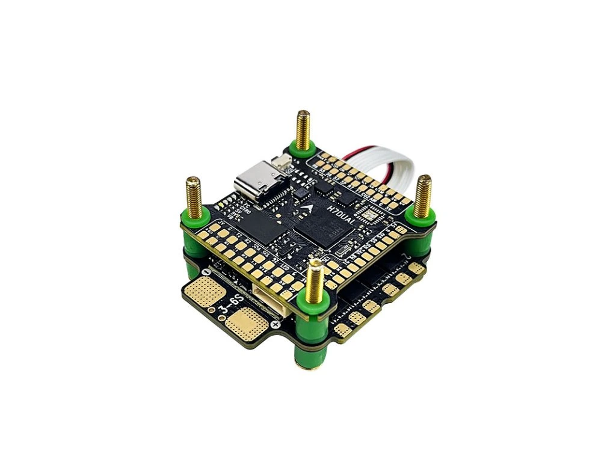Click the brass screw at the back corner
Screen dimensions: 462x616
[x=303, y=129]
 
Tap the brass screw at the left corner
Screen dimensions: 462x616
[x=194, y=196]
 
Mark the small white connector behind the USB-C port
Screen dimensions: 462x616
[x=282, y=162]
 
